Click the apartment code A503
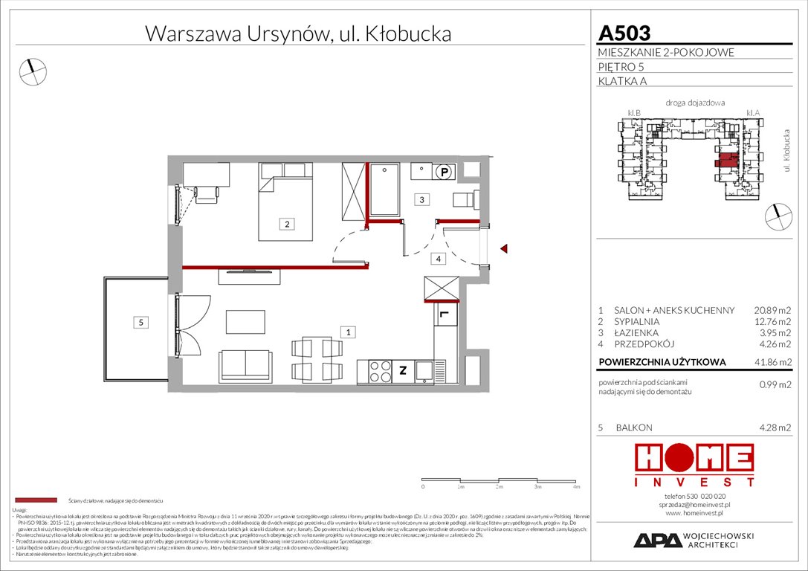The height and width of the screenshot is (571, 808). (x=624, y=33)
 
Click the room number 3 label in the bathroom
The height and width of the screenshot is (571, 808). (x=421, y=199)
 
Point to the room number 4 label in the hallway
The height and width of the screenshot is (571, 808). (x=439, y=259)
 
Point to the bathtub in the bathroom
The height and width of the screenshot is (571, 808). (x=384, y=189)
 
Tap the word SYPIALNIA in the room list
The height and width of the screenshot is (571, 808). (x=637, y=321)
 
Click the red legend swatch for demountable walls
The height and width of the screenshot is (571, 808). (x=35, y=501)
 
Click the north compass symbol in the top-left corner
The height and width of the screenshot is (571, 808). (x=32, y=71)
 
